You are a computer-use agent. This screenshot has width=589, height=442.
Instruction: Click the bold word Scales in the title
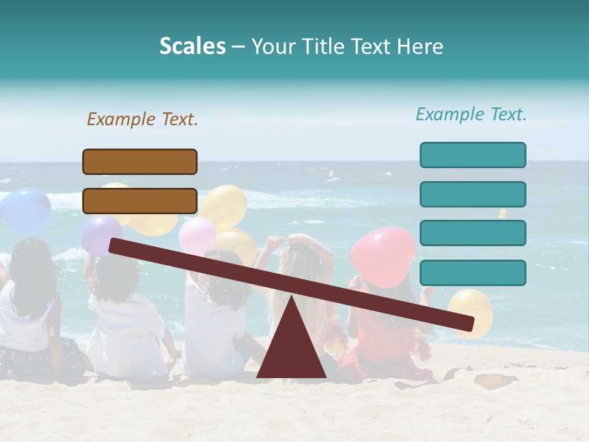(x=192, y=47)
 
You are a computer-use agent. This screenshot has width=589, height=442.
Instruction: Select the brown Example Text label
(x=142, y=119)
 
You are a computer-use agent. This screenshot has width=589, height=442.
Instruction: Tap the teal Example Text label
(x=471, y=114)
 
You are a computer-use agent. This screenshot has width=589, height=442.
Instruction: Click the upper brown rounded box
(x=140, y=161)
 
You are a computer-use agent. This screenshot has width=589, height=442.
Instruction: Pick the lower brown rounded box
(x=140, y=201)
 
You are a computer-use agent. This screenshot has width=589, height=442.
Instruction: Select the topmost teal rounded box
(x=472, y=155)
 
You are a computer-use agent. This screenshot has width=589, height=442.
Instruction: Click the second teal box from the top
(x=472, y=194)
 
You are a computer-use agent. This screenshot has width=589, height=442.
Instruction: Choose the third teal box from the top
(x=472, y=233)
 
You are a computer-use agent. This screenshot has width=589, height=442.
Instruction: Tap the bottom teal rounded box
(x=472, y=273)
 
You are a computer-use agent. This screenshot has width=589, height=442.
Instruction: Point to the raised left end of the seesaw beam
(x=117, y=246)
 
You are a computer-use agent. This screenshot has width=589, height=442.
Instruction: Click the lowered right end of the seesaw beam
(x=466, y=323)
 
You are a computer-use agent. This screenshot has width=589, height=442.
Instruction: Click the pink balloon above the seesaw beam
(x=197, y=235)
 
